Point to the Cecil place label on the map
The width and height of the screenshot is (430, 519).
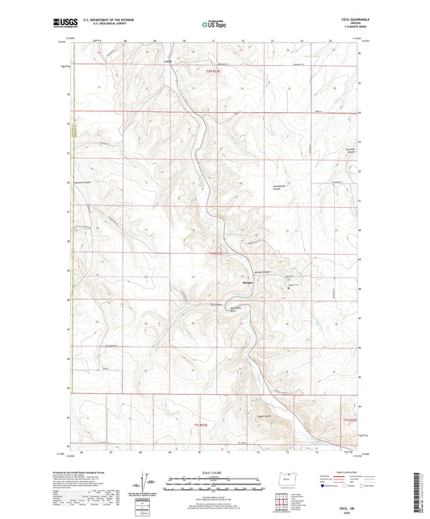[169, 62]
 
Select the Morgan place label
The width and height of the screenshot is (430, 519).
[248, 282]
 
